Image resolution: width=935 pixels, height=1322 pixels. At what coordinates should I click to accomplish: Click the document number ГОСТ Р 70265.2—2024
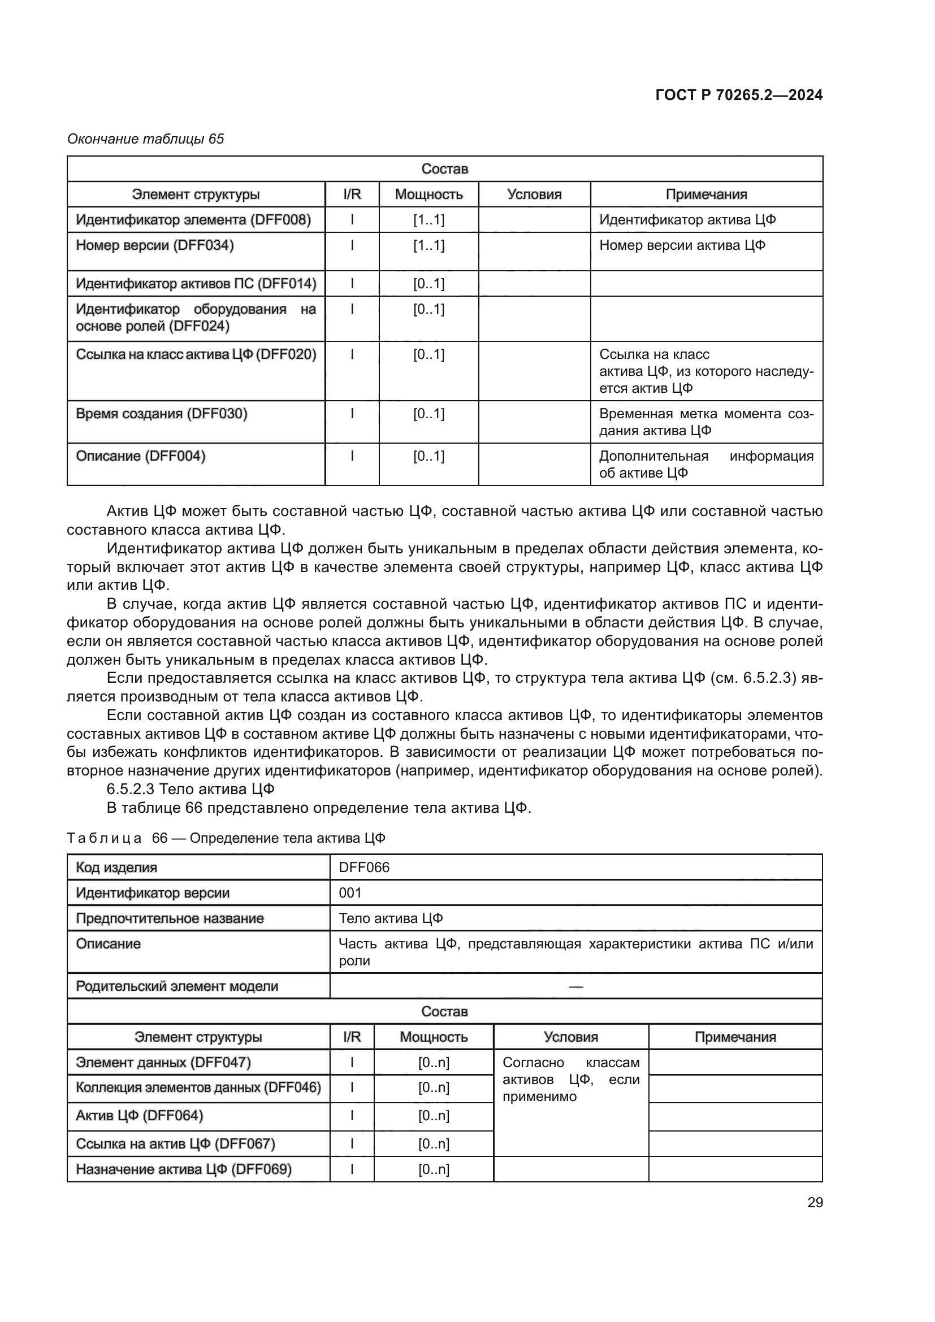[x=739, y=95]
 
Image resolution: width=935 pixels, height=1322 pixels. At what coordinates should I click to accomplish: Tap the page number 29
[x=815, y=1202]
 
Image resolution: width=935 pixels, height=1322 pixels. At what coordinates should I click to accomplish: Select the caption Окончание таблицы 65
[x=146, y=139]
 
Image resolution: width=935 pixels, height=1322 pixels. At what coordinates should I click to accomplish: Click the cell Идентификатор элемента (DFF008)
[x=193, y=220]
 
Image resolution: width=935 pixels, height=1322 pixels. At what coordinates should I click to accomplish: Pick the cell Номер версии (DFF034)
[x=155, y=245]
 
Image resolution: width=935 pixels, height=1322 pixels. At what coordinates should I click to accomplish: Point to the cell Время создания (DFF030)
[x=162, y=413]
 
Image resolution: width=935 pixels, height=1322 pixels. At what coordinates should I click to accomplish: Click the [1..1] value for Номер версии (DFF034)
[x=428, y=245]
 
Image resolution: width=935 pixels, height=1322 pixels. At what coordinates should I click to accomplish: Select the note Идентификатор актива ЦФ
[x=687, y=220]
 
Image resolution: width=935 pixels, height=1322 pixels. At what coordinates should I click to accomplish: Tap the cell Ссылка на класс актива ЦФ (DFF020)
[x=196, y=354]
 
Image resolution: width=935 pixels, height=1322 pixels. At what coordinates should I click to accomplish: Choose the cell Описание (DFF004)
[x=141, y=456]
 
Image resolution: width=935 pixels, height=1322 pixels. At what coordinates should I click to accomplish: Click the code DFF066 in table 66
[x=364, y=867]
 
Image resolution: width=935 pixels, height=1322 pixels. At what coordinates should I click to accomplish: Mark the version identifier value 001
[x=350, y=892]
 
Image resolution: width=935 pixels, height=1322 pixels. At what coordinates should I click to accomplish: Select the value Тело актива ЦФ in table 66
[x=391, y=918]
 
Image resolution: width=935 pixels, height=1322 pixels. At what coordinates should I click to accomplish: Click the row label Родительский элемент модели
[x=177, y=986]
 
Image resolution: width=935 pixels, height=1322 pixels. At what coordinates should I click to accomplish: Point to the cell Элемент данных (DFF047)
[x=163, y=1063]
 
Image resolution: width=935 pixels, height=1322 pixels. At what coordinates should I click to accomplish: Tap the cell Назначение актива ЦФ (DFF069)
[x=184, y=1169]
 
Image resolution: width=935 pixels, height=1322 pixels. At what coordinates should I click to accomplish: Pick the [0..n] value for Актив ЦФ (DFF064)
[x=434, y=1115]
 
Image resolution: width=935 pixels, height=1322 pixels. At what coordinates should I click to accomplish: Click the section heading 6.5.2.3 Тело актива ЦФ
[x=191, y=789]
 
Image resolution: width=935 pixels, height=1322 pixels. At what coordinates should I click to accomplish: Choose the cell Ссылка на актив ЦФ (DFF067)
[x=176, y=1143]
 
